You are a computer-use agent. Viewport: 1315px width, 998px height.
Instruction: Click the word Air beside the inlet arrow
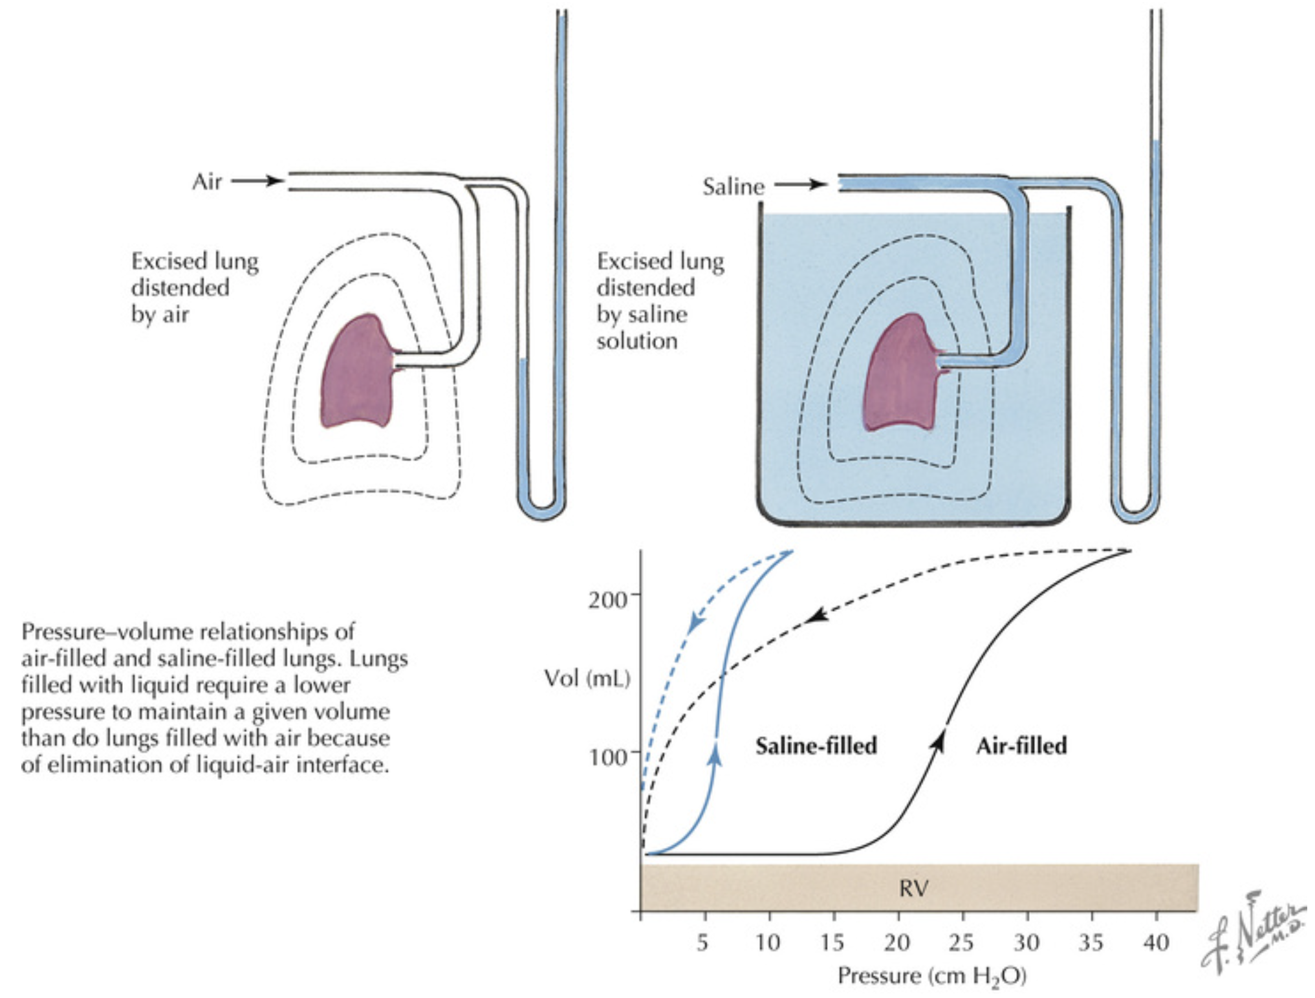[207, 182]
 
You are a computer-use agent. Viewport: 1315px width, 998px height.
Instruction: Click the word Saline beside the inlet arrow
[733, 187]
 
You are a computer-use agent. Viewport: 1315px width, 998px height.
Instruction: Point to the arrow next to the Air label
[257, 180]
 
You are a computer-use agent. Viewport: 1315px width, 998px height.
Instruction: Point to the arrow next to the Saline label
[801, 184]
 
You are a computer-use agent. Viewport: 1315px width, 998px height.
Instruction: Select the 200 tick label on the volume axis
[607, 600]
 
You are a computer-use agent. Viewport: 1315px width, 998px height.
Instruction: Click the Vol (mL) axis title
[587, 678]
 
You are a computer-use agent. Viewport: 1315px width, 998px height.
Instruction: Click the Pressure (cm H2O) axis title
[931, 975]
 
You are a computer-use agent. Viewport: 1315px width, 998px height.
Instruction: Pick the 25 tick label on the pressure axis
[961, 943]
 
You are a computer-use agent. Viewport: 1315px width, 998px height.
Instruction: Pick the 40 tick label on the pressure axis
[1156, 943]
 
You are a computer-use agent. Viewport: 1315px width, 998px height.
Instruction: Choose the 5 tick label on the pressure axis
[702, 943]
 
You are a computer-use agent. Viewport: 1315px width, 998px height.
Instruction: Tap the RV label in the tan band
[913, 889]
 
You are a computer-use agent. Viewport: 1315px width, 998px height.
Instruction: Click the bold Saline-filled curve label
[816, 746]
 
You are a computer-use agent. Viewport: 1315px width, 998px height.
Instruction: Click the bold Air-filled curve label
[1021, 746]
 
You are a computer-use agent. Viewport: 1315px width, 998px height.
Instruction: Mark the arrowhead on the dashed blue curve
[695, 622]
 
